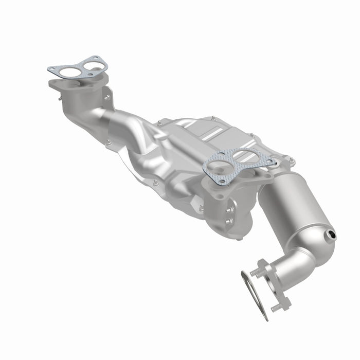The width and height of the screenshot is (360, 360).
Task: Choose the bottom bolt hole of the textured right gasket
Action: click(x=222, y=182)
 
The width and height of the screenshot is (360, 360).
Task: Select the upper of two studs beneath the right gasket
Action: click(x=228, y=210)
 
